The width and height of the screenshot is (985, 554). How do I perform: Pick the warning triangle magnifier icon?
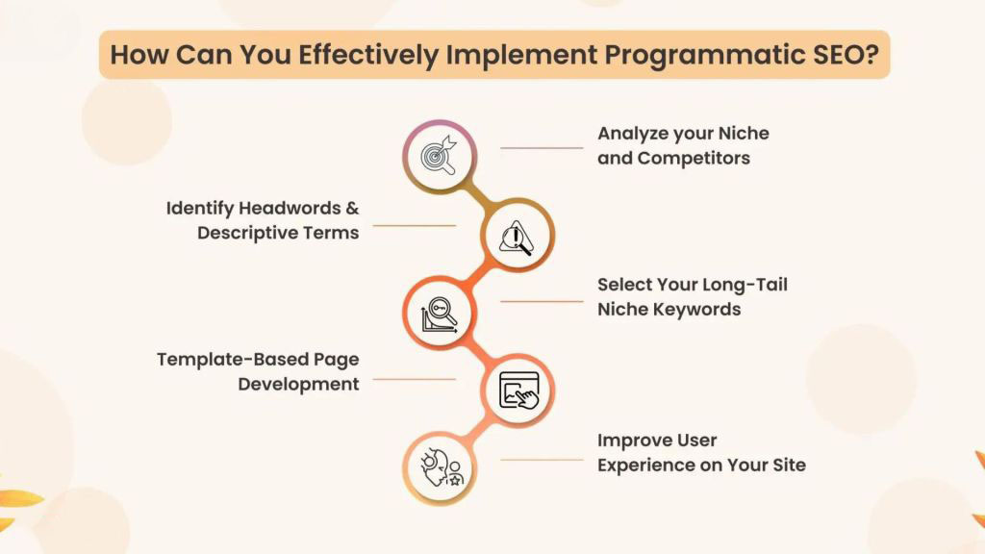(x=516, y=236)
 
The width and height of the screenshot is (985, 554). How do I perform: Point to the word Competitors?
(x=694, y=158)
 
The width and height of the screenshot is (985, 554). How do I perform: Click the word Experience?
(x=647, y=466)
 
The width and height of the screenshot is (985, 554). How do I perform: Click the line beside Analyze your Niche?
(x=542, y=148)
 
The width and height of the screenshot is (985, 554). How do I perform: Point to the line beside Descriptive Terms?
(x=414, y=226)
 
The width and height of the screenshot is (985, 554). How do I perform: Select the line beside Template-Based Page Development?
(x=414, y=379)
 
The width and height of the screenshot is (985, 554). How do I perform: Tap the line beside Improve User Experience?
(x=542, y=459)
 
